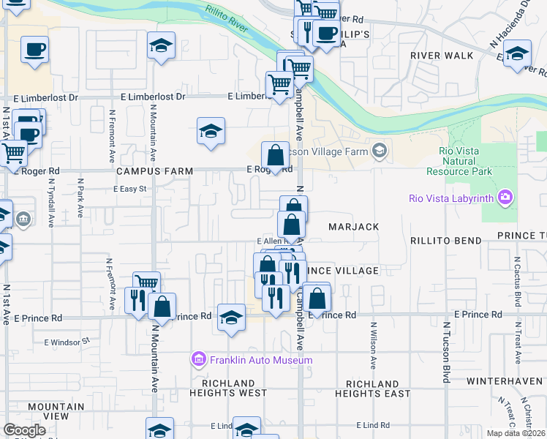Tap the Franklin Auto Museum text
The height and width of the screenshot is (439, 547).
click(x=261, y=360)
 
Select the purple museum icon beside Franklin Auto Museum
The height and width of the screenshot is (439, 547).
click(x=198, y=359)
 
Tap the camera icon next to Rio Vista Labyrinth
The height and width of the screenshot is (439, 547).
click(x=505, y=198)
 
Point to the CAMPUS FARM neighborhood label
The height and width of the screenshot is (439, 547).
click(x=154, y=171)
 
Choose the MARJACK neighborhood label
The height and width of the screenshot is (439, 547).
click(x=353, y=228)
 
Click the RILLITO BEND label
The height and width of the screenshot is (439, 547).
click(x=446, y=241)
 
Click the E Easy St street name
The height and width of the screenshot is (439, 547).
click(x=130, y=189)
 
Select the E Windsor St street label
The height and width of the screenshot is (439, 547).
click(x=67, y=341)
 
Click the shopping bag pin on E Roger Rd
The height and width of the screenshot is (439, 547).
click(x=275, y=155)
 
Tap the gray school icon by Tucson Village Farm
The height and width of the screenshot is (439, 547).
click(x=379, y=151)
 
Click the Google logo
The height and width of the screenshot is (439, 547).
click(x=24, y=430)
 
